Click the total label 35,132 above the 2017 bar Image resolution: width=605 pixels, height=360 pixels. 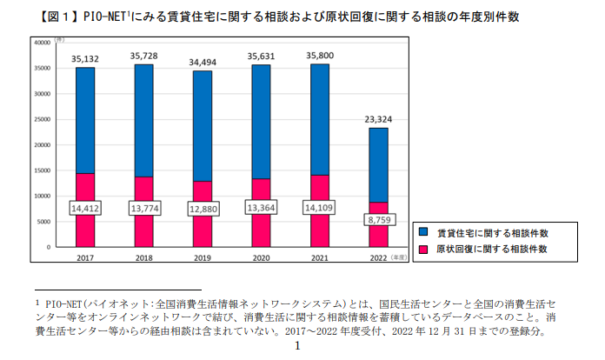[x=85, y=58]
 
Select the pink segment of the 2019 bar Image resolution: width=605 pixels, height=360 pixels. [x=202, y=230]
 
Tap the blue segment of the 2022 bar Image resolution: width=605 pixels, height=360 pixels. [x=379, y=165]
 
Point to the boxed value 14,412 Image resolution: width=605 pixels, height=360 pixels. [x=85, y=208]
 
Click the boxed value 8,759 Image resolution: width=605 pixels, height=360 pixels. [x=379, y=221]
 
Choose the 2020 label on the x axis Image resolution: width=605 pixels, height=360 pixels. [x=261, y=257]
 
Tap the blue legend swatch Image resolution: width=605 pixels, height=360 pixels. [x=423, y=232]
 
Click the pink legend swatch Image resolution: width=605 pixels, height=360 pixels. [x=423, y=249]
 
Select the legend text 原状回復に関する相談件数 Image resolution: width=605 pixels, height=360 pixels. [x=491, y=249]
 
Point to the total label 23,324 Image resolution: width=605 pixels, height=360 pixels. [x=379, y=119]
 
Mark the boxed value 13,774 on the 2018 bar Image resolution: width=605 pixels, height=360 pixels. [x=143, y=209]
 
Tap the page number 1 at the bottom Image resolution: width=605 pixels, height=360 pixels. [x=297, y=346]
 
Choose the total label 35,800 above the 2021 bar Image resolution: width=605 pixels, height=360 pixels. [x=320, y=56]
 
